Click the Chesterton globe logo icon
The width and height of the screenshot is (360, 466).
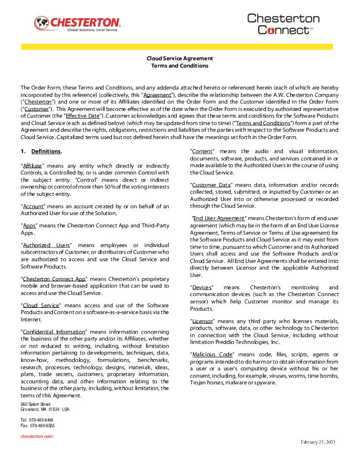tap(42, 23)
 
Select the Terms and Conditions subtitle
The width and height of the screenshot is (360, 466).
tap(179, 66)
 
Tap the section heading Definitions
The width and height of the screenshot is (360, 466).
tap(47, 151)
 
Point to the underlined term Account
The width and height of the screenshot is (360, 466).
tap(33, 205)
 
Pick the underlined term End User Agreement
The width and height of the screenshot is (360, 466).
tap(219, 217)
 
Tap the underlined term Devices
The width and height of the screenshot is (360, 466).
tap(202, 288)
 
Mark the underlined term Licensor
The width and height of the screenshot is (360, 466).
tap(204, 320)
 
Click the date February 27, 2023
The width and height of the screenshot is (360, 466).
tap(317, 443)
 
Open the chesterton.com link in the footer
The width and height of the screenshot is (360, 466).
tap(37, 436)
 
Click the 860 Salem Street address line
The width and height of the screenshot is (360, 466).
tap(35, 405)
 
